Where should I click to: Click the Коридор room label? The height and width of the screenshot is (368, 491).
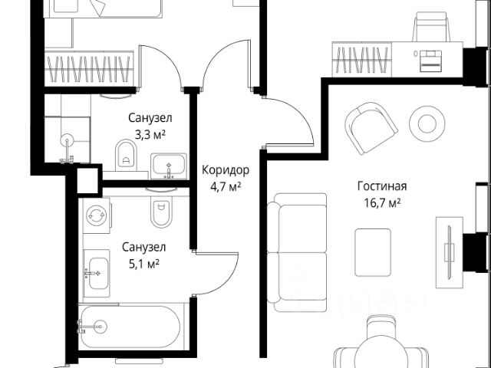(x=226, y=170)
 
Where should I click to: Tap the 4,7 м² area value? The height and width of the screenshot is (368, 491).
(x=226, y=187)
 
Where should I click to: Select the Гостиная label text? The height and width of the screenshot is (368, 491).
(x=382, y=186)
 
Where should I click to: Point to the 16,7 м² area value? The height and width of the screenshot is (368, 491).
(x=382, y=203)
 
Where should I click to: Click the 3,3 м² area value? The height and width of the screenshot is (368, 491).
(x=150, y=135)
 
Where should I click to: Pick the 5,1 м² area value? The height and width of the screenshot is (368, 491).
(x=144, y=264)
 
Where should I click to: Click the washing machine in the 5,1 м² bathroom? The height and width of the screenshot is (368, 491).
(x=97, y=215)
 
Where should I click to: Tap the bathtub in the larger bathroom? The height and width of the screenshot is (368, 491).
(x=129, y=327)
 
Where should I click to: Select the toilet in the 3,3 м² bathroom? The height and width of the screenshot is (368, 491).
(x=126, y=155)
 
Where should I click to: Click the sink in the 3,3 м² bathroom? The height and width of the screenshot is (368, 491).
(x=169, y=166)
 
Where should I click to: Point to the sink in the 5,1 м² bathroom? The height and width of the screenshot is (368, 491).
(x=97, y=273)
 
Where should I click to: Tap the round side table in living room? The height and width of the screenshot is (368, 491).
(x=427, y=123)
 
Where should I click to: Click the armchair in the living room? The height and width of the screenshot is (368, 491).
(x=371, y=128)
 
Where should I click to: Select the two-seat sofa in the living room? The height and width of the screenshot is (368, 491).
(x=297, y=252)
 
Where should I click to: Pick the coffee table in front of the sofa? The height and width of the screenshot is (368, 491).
(x=373, y=252)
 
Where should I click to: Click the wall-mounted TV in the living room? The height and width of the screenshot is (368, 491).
(x=450, y=251)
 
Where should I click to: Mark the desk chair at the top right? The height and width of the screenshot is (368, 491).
(x=431, y=27)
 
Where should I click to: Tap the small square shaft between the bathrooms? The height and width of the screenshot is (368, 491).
(x=87, y=181)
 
